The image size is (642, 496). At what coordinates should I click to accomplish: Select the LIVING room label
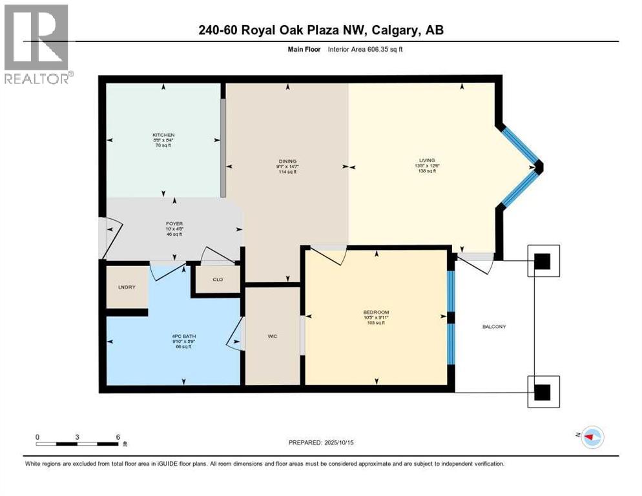(427, 160)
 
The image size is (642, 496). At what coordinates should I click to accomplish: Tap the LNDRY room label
(127, 287)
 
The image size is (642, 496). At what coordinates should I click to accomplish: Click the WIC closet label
(273, 336)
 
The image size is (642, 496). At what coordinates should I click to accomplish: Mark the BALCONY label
(495, 327)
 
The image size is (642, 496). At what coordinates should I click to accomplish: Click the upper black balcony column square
(543, 262)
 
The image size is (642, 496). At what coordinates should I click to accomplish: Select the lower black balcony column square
(543, 391)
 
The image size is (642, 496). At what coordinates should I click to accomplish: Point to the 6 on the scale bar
(117, 437)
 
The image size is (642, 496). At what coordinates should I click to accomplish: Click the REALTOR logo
(37, 44)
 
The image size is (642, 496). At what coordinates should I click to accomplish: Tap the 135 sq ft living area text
(427, 171)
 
